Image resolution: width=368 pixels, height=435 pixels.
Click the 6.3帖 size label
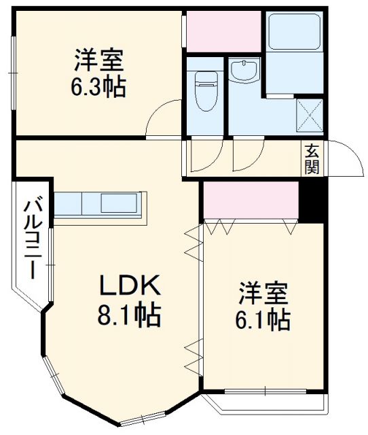click(99, 88)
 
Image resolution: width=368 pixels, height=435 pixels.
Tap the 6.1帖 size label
click(264, 319)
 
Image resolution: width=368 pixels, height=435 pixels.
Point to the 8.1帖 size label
click(129, 315)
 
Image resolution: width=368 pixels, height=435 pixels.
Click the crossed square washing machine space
click(311, 115)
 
